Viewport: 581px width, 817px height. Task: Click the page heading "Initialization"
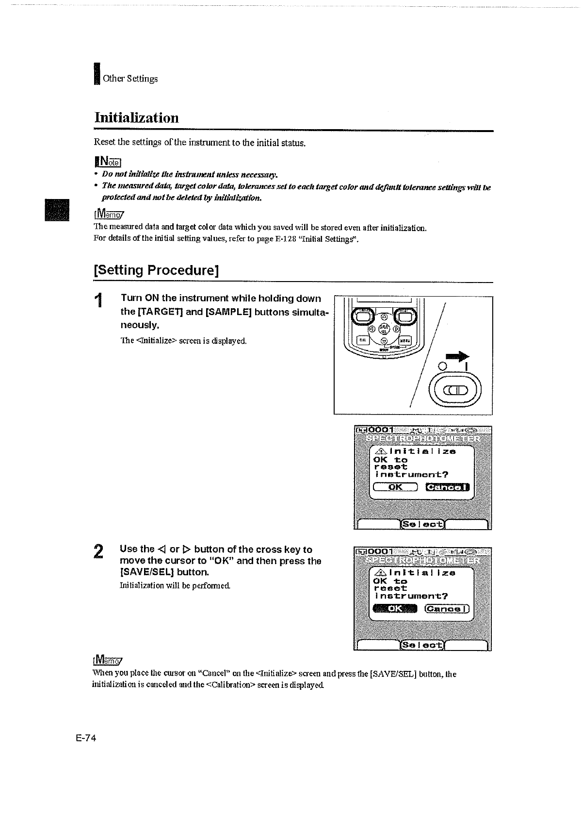[136, 118]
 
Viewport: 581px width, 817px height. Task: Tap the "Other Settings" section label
[130, 79]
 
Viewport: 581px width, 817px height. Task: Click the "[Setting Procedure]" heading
[156, 270]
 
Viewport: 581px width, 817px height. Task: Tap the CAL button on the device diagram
[362, 340]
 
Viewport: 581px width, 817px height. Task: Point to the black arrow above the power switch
[454, 357]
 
